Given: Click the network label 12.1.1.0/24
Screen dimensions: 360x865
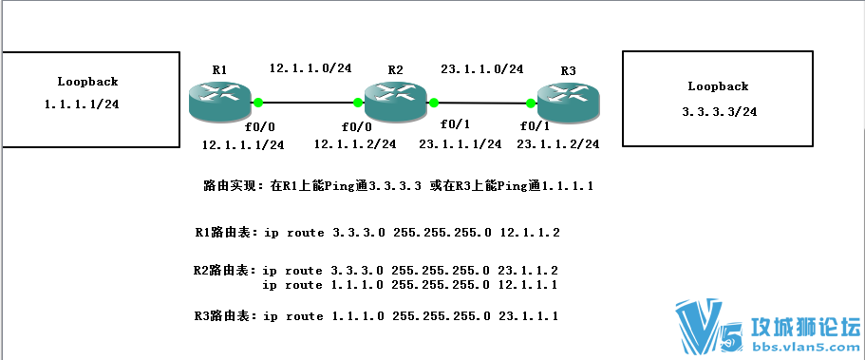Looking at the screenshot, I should (310, 68).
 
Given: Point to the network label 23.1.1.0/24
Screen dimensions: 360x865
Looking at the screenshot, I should (481, 68).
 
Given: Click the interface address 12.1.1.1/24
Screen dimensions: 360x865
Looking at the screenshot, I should (243, 144).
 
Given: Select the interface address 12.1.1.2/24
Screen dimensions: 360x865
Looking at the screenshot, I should (355, 144).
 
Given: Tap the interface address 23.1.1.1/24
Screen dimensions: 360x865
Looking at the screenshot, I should (461, 144).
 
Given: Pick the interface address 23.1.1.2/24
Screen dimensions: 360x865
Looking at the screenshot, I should (558, 144).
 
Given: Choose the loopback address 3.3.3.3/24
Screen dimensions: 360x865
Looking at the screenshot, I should (718, 111).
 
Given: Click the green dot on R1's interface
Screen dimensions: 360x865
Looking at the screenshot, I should (257, 102).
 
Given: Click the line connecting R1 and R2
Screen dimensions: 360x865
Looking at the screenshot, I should (308, 102).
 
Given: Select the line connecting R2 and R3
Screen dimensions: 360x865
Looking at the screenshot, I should (481, 102).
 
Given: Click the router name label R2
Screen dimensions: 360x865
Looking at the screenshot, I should (396, 70).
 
